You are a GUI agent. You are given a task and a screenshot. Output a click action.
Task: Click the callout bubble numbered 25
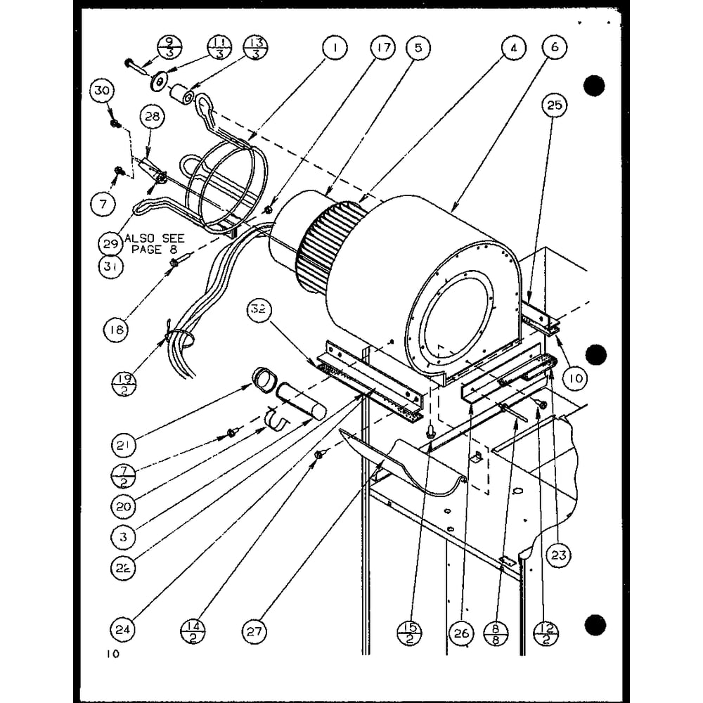pyautogui.click(x=555, y=105)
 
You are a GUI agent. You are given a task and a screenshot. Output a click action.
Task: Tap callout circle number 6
pyautogui.click(x=555, y=47)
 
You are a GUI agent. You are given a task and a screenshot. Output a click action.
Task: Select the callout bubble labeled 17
pyautogui.click(x=383, y=47)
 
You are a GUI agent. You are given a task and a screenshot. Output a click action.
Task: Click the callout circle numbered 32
pyautogui.click(x=258, y=309)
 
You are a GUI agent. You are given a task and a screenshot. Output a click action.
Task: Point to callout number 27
pyautogui.click(x=254, y=632)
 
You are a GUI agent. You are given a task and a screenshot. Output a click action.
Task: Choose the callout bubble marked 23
pyautogui.click(x=559, y=555)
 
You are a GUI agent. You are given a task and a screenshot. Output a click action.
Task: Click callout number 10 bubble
pyautogui.click(x=575, y=379)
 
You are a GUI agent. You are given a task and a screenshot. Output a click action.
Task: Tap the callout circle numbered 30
pyautogui.click(x=102, y=91)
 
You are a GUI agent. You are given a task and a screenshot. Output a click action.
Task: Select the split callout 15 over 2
pyautogui.click(x=409, y=633)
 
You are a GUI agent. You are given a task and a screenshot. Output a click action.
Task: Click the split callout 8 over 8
pyautogui.click(x=496, y=633)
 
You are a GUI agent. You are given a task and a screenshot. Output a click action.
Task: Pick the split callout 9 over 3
pyautogui.click(x=169, y=47)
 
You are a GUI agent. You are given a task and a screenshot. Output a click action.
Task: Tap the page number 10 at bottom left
pyautogui.click(x=113, y=654)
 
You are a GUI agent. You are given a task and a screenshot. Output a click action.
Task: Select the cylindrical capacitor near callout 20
pyautogui.click(x=300, y=401)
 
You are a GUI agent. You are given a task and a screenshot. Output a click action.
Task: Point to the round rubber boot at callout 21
pyautogui.click(x=264, y=380)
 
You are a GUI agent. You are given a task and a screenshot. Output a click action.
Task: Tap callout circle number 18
pyautogui.click(x=116, y=330)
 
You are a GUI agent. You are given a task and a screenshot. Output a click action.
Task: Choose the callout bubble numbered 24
pyautogui.click(x=122, y=629)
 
